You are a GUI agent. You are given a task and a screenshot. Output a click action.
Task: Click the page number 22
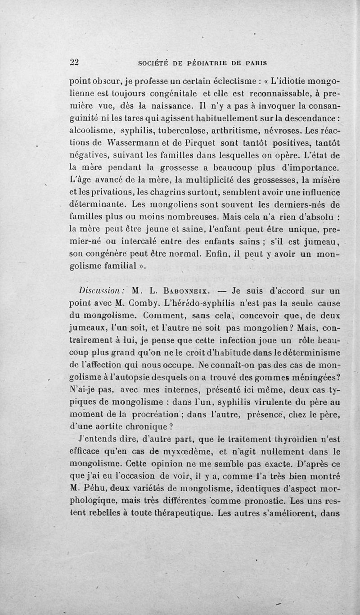pos(75,63)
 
